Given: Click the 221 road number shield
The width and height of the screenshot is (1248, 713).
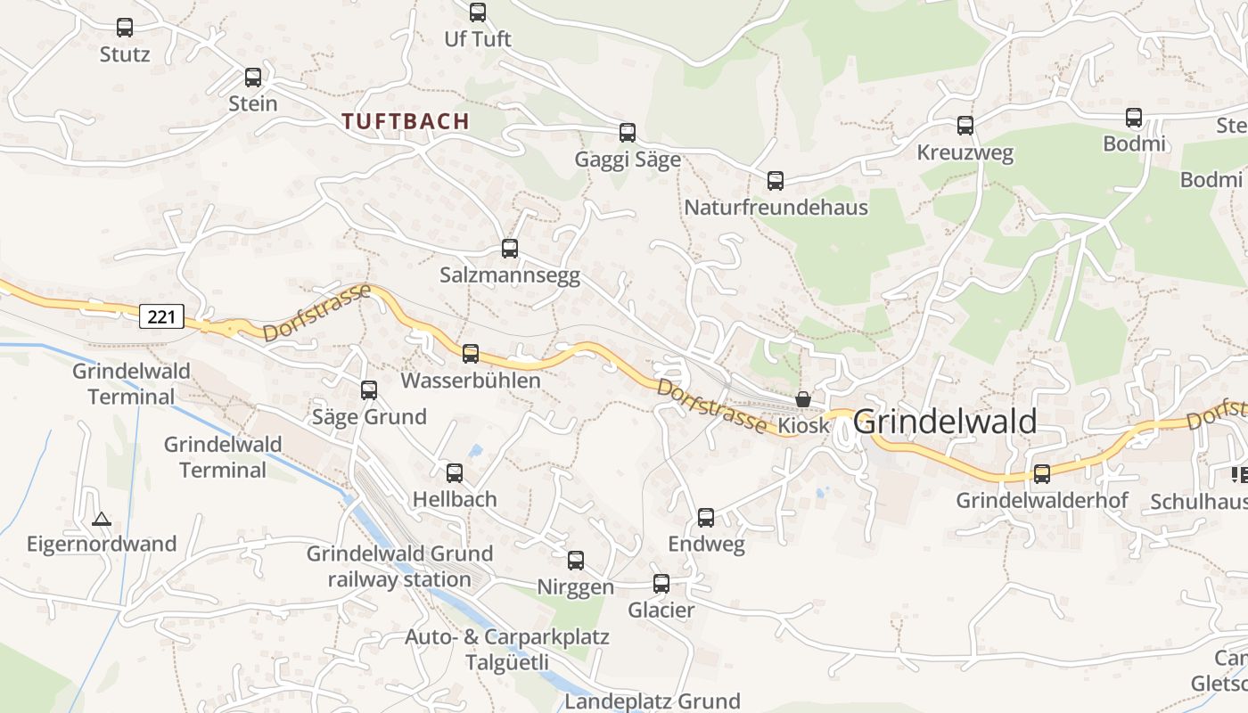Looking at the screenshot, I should click(161, 316).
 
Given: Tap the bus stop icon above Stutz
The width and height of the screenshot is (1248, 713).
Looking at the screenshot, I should click(125, 28).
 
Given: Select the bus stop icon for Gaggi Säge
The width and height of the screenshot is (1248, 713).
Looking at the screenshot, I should click(628, 133).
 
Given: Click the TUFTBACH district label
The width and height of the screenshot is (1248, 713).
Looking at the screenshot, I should click(406, 122).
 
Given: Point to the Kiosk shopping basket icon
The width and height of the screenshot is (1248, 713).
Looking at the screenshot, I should click(803, 399).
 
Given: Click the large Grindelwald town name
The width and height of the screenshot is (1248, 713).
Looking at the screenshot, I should click(945, 422).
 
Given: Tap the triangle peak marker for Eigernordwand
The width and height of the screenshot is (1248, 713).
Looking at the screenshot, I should click(102, 519).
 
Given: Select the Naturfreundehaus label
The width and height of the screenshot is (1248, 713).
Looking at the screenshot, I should click(776, 208).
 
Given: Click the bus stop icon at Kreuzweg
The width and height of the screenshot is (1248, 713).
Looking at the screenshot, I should click(965, 126).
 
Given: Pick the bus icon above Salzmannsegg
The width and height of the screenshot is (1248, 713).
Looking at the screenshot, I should click(510, 249).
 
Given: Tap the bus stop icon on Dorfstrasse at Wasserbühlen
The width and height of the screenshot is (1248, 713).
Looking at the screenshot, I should click(471, 354).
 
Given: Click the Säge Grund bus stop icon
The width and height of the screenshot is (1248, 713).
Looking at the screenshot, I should click(369, 390).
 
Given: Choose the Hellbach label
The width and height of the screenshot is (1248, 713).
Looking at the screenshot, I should click(455, 499).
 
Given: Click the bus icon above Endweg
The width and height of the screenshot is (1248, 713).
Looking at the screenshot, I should click(706, 517).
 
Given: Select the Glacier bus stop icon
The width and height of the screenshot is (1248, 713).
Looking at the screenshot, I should click(661, 584).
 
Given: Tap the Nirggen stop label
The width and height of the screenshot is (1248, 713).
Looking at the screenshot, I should click(576, 587).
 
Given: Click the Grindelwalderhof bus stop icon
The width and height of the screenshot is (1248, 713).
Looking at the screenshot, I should click(1042, 474).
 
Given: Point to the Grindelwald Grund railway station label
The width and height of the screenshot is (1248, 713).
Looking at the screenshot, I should click(399, 567).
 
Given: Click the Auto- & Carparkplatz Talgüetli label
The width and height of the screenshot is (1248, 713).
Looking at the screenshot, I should click(506, 650).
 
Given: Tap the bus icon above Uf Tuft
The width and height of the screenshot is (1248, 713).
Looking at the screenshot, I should click(478, 12).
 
